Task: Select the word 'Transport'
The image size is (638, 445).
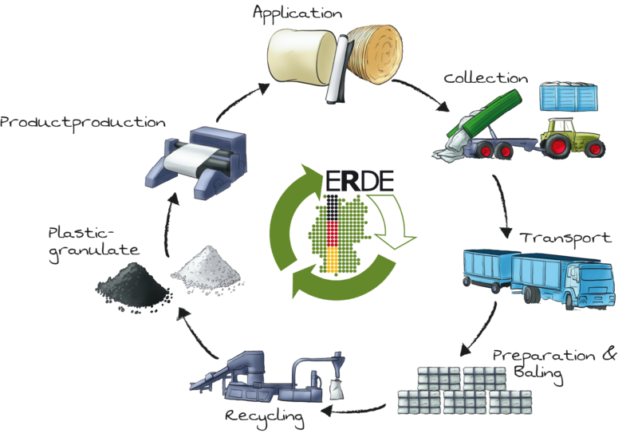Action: [565, 238]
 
